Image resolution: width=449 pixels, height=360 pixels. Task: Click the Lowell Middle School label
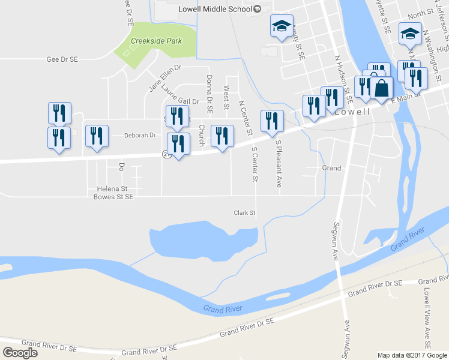214,9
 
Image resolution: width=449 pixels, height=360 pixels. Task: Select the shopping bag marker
381,89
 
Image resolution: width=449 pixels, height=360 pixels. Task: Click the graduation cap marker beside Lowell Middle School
282,26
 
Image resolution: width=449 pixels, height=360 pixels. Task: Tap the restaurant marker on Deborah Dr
97,136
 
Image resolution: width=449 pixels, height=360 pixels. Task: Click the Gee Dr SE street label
62,59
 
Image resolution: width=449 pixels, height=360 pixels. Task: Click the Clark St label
245,212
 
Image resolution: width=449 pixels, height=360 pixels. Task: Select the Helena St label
110,188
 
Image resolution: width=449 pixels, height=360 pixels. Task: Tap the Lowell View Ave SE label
427,319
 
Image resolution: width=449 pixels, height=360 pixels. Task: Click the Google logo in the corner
20,353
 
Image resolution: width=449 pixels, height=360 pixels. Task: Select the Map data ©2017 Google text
412,355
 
